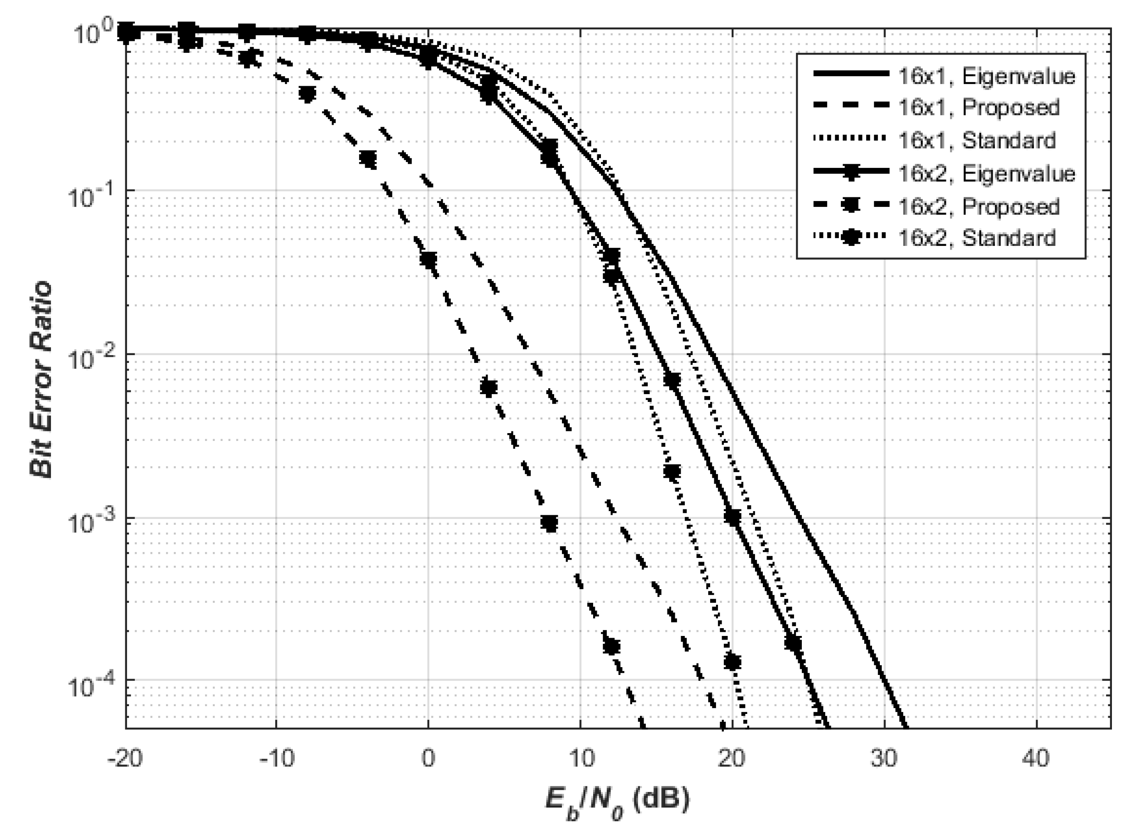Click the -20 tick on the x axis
coord(125,759)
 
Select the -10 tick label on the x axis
coord(276,759)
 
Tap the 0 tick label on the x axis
coord(428,759)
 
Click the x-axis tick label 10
coord(580,759)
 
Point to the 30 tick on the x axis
coord(884,759)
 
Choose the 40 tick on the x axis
coord(1036,759)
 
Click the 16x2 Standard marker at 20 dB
coord(733,661)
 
